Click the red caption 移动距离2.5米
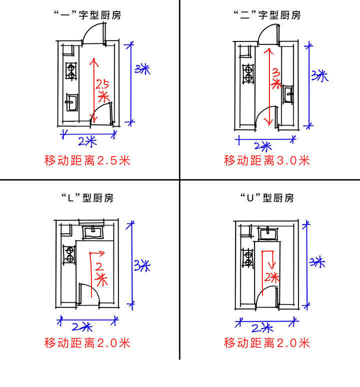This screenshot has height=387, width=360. tap(87, 160)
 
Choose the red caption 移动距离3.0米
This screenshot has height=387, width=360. tap(267, 160)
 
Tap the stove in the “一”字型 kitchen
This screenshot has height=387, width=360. tap(71, 71)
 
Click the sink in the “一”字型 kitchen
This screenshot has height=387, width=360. tap(71, 102)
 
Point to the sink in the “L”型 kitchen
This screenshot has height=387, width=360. tap(92, 231)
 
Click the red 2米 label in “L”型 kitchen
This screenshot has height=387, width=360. tap(101, 273)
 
